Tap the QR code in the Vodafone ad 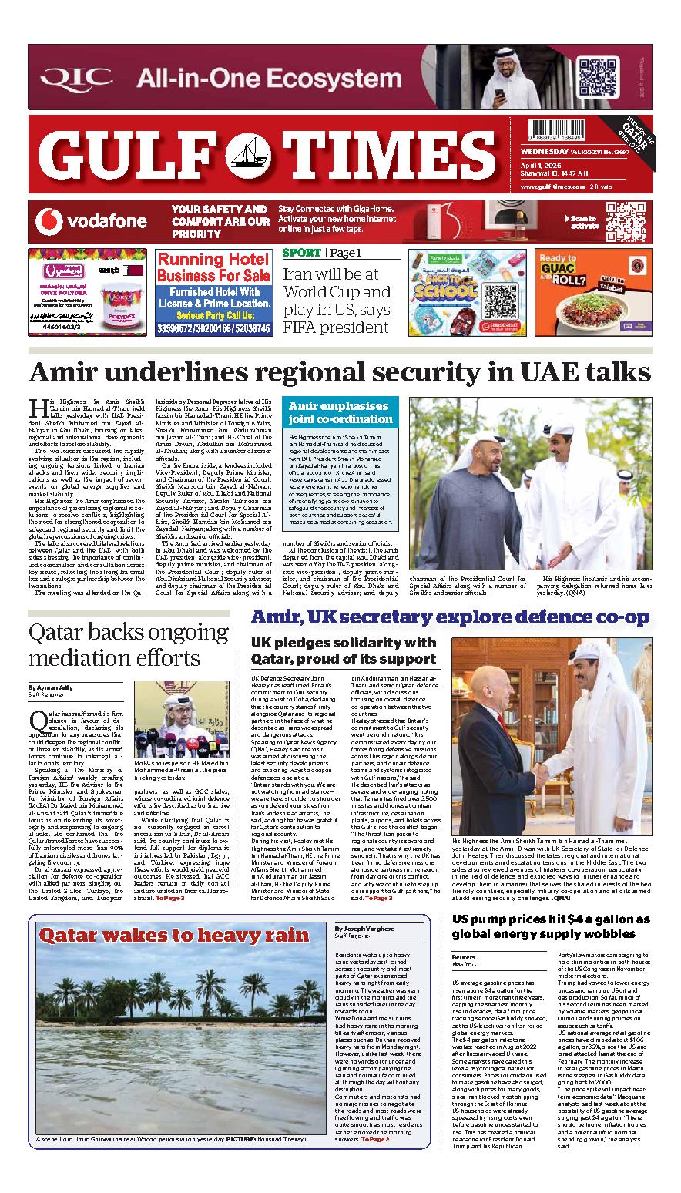tap(624, 220)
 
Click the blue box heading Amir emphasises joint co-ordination tap(340, 412)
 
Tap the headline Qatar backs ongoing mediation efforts tap(125, 645)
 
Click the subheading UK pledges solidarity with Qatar tap(344, 650)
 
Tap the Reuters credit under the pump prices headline tap(464, 956)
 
